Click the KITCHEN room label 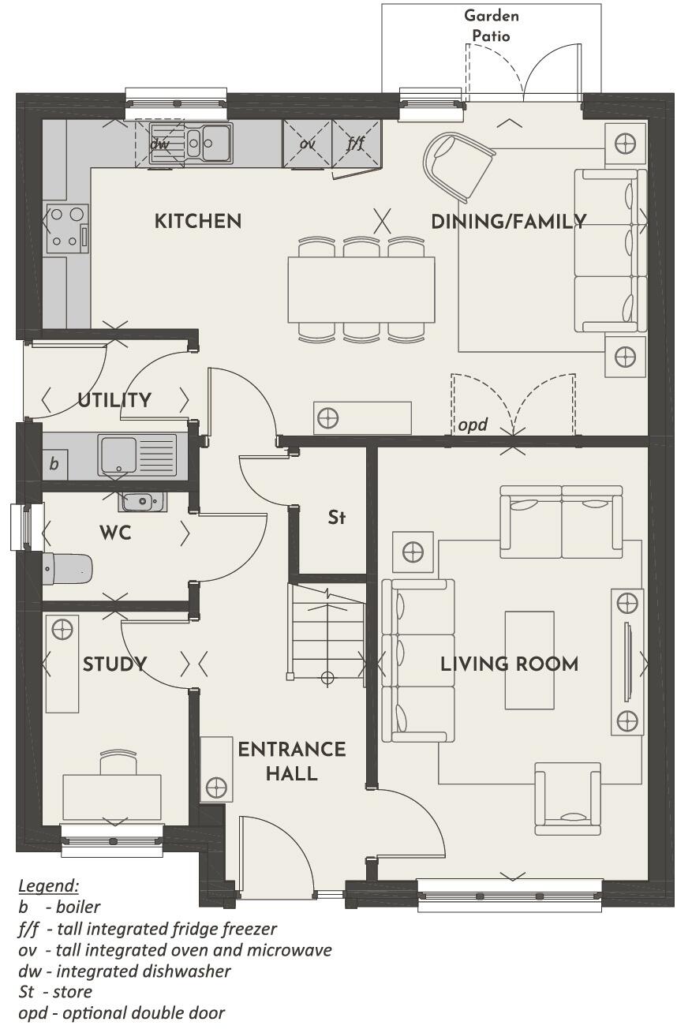coord(197,221)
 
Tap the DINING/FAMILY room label coord(508,222)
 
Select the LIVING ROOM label coord(509,664)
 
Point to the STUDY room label coord(114,664)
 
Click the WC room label coord(115,533)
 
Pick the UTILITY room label coord(114,400)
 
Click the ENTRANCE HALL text coord(292,761)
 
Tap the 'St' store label coord(337,518)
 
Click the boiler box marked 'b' coord(54,463)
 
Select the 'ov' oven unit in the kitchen coord(307,144)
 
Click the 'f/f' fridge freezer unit coord(356,144)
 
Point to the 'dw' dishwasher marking coord(160,144)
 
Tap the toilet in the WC coord(68,567)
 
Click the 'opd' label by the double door coord(473,425)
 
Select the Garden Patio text coord(491,25)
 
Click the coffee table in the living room coord(529,660)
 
